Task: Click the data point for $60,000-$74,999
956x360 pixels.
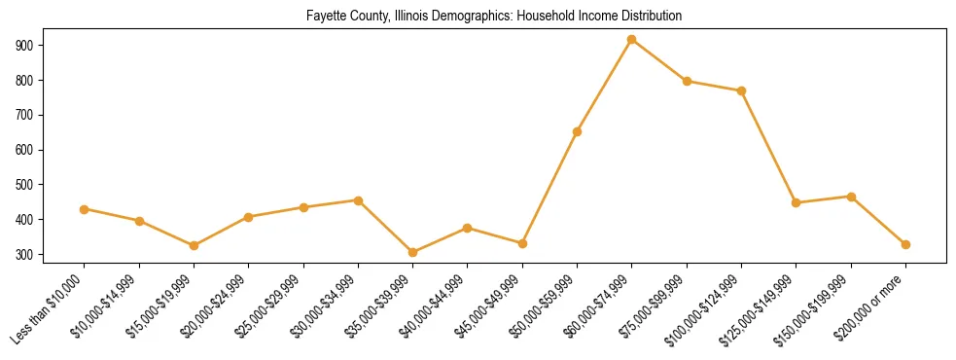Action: coord(632,40)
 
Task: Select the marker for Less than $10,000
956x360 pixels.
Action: coord(85,209)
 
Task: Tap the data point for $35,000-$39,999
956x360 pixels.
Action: coord(413,253)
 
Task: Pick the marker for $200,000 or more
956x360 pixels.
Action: coord(905,244)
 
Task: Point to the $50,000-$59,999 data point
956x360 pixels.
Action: coord(578,131)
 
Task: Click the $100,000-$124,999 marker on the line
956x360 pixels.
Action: coord(741,90)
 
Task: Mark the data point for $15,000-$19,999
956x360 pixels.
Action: coord(195,245)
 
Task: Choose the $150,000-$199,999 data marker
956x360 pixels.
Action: coord(851,197)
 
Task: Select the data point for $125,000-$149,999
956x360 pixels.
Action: coord(797,202)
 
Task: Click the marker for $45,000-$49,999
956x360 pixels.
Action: coord(522,243)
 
